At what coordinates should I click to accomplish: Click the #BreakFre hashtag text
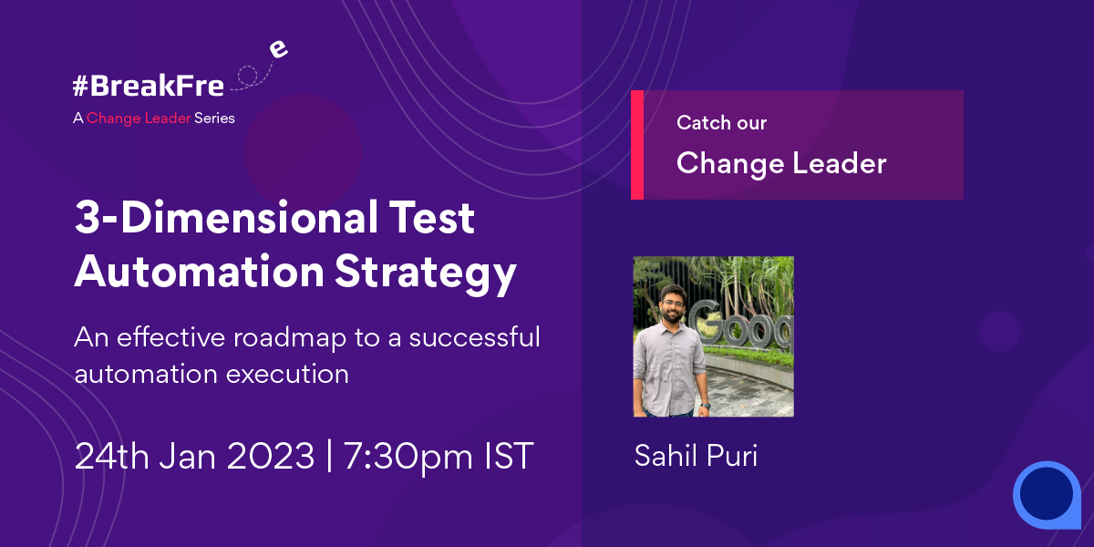pyautogui.click(x=148, y=88)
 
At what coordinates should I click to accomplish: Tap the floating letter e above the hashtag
pyautogui.click(x=279, y=49)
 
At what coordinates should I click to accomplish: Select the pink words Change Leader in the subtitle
pyautogui.click(x=139, y=119)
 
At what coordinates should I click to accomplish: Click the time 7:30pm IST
pyautogui.click(x=438, y=456)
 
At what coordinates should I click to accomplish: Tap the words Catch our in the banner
pyautogui.click(x=721, y=123)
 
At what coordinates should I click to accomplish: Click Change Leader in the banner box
pyautogui.click(x=781, y=163)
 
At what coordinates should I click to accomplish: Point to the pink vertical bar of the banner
pyautogui.click(x=636, y=145)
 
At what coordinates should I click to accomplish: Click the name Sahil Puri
pyautogui.click(x=696, y=456)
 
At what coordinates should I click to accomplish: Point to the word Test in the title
pyautogui.click(x=428, y=220)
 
